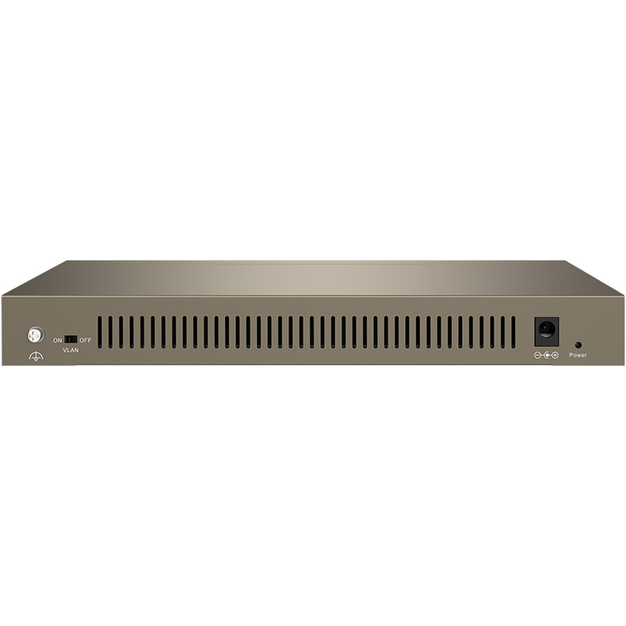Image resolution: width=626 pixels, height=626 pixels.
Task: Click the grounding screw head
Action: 35,335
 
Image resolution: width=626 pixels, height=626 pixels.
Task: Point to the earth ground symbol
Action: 36,356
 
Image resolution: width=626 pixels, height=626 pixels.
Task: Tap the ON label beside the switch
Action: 58,340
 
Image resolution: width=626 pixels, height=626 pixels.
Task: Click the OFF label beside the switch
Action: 85,340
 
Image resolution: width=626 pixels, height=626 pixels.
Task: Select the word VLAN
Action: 71,350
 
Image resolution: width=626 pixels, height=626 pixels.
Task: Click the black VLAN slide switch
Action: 71,339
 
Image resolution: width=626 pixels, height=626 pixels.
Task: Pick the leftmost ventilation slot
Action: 100,333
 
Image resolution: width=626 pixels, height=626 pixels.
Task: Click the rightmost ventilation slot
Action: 513,333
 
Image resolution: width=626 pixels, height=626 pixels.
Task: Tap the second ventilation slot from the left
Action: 111,333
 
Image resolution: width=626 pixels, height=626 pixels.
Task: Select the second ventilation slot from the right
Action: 502,333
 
